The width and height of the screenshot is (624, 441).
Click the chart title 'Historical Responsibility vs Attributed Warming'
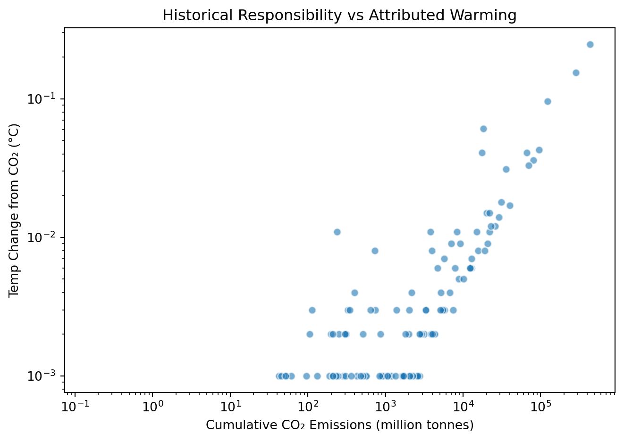tap(339, 15)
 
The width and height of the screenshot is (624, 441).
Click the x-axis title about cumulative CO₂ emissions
tap(339, 425)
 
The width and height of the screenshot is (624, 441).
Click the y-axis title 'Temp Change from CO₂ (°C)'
tap(14, 211)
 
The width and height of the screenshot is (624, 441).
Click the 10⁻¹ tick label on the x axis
tap(75, 407)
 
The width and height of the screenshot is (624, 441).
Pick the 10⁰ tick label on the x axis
tap(152, 407)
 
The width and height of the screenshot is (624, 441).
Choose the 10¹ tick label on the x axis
tap(230, 407)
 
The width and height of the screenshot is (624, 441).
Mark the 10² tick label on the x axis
tap(308, 407)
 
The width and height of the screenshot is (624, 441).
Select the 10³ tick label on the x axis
tap(386, 407)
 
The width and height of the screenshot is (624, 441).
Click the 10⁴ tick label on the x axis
tap(463, 407)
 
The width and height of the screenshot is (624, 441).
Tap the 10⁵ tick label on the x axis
tap(541, 407)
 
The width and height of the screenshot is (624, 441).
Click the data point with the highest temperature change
tap(590, 44)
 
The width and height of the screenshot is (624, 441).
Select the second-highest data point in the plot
tap(576, 73)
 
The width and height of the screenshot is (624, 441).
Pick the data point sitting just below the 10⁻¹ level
tap(548, 101)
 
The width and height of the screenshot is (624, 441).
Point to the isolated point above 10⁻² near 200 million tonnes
tap(337, 232)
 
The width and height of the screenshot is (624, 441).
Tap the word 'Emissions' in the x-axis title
tap(340, 425)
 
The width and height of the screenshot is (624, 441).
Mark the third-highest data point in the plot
tap(548, 101)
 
